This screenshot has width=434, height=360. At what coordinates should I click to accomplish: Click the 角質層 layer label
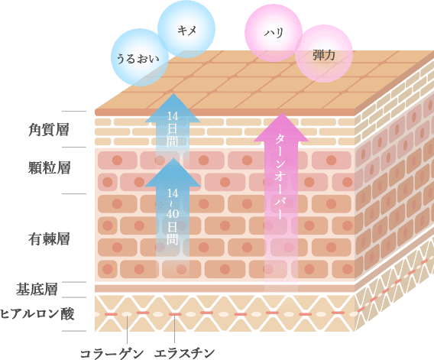49,130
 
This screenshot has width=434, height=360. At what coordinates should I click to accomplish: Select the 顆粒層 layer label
49,168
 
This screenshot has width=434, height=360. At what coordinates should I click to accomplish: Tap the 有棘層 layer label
49,239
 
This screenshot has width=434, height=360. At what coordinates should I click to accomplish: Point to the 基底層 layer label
37,290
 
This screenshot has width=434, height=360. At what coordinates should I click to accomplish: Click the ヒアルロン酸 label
37,314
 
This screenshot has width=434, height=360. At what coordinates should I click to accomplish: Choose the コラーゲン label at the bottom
112,354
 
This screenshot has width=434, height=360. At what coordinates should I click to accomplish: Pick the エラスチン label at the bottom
184,354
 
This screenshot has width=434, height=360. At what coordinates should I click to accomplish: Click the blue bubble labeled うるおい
140,57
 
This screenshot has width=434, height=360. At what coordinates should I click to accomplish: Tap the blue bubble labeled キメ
186,29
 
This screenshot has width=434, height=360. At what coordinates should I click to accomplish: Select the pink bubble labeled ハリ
274,33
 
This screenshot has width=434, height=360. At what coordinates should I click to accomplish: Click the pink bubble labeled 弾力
324,54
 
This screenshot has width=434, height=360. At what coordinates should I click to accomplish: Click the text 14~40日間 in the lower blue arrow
173,216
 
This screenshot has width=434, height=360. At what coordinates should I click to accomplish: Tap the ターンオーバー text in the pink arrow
280,177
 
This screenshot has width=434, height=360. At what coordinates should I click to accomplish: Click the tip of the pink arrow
282,112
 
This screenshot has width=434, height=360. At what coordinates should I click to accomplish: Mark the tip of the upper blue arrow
173,93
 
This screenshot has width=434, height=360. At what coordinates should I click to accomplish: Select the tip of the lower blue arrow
173,158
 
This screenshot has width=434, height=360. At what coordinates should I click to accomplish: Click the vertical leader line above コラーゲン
127,330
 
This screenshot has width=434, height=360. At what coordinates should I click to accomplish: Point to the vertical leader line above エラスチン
175,330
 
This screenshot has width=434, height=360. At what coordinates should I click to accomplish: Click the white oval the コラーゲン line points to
127,314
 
